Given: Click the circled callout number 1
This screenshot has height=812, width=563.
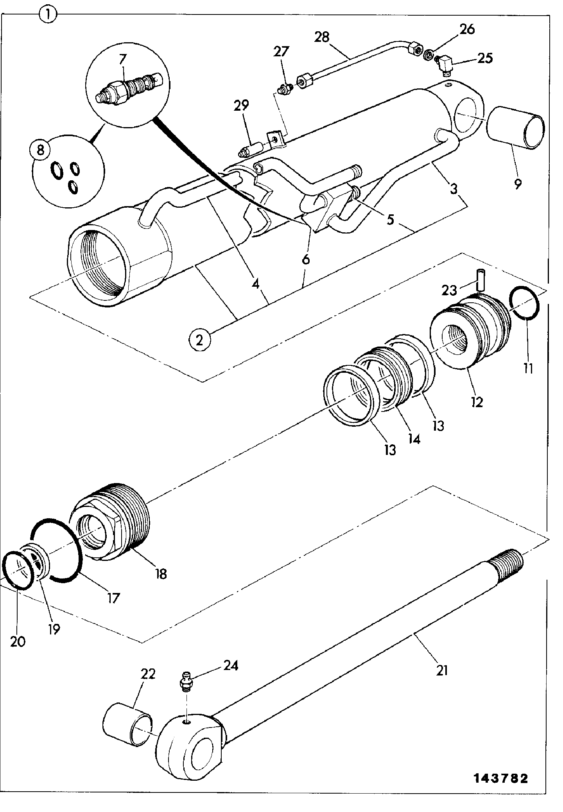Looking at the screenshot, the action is pos(48,16).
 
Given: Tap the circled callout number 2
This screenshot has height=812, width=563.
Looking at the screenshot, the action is pos(200,340).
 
